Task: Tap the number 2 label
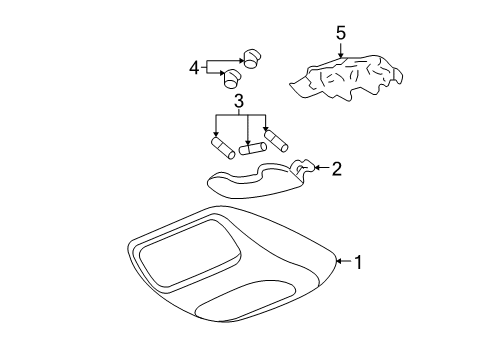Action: click(337, 168)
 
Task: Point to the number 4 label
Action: click(194, 68)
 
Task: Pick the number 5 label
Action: click(341, 33)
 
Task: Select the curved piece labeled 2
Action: click(255, 178)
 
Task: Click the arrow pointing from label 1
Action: click(343, 262)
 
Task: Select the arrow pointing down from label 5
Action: click(341, 52)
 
